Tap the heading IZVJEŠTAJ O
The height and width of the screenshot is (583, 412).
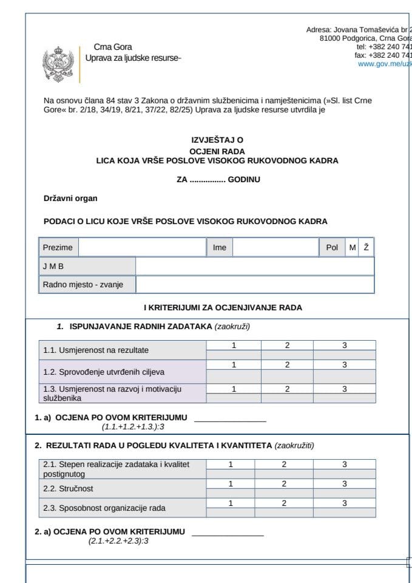pos(217,140)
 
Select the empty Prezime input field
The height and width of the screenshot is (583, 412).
pos(143,247)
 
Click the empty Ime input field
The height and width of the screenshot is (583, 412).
pos(275,247)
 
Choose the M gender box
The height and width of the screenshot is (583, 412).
pos(352,247)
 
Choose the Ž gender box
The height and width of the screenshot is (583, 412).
pos(366,247)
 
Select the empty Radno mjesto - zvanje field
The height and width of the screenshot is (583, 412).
pos(254,284)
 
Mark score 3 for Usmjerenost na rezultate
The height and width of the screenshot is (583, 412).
pos(344,346)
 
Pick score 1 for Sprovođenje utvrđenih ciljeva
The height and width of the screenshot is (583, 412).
pos(234,365)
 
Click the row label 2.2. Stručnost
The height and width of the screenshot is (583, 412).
pos(68,488)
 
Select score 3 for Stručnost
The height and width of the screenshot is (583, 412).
pos(344,484)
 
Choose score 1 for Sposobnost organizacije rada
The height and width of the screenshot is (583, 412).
pos(230,503)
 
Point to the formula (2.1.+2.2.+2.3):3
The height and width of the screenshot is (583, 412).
pos(118,540)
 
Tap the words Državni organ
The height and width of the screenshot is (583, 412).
pos(70,198)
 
